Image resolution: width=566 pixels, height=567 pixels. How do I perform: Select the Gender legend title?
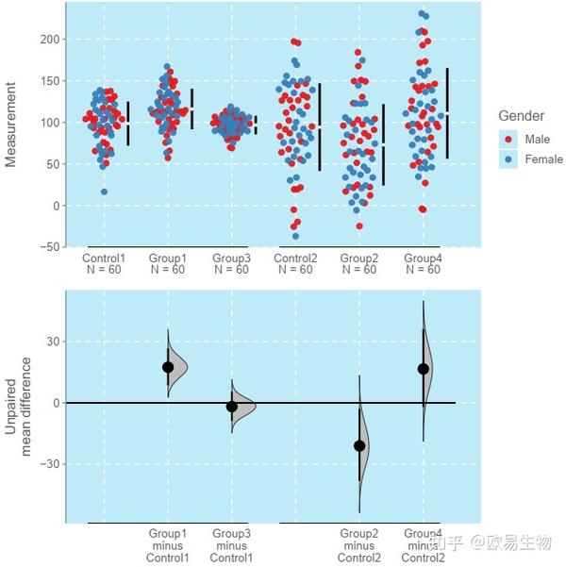(x=521, y=116)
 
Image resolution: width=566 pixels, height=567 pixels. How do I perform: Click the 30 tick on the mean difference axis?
(x=53, y=342)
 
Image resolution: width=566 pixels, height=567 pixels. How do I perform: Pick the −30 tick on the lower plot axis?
(x=50, y=464)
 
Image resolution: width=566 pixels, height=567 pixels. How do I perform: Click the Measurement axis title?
(x=11, y=124)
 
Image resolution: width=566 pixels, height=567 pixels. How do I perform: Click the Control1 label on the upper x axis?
(x=104, y=258)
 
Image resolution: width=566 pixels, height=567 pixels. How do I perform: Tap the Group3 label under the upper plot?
(x=231, y=258)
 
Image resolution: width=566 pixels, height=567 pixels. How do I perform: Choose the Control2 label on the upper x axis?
(x=295, y=258)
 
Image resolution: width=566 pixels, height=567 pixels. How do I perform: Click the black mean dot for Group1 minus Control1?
(x=168, y=367)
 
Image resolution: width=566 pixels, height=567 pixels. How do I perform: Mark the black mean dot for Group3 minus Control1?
(x=232, y=407)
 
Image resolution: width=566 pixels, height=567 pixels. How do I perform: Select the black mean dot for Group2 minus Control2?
(x=359, y=445)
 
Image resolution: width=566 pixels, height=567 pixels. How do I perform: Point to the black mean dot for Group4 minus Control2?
(x=424, y=369)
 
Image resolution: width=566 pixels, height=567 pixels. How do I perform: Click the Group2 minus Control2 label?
(x=358, y=545)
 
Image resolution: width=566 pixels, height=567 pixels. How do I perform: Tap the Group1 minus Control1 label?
(x=168, y=545)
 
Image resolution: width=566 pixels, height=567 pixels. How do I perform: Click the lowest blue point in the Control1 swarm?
(x=104, y=192)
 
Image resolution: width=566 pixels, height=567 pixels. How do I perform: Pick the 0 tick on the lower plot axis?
(x=57, y=403)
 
